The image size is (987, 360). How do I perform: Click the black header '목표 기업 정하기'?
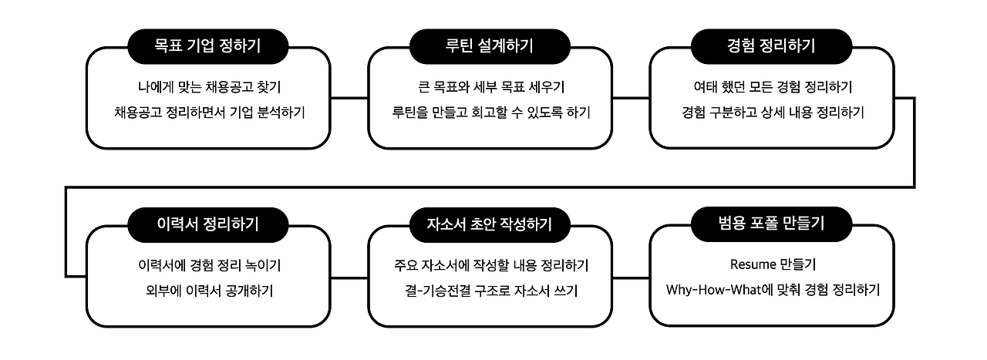point(208,45)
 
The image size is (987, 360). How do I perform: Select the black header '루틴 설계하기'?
point(490,45)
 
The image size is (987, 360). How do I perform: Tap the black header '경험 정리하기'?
point(772,45)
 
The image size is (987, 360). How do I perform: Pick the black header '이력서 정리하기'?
point(208,224)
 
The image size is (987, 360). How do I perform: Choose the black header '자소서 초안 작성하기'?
point(490,224)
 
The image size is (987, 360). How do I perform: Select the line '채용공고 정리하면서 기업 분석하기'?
point(208,112)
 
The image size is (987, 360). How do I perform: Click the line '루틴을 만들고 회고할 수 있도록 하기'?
point(490,112)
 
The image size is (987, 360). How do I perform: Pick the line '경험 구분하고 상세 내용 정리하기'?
point(772,112)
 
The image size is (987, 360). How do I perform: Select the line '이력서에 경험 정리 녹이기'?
point(208,265)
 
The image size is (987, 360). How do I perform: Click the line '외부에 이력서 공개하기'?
point(208,291)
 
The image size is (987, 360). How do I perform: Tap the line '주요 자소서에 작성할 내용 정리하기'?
point(490,265)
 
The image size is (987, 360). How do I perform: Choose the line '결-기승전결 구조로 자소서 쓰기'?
point(490,291)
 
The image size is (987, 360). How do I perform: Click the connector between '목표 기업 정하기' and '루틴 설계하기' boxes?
point(349,98)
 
